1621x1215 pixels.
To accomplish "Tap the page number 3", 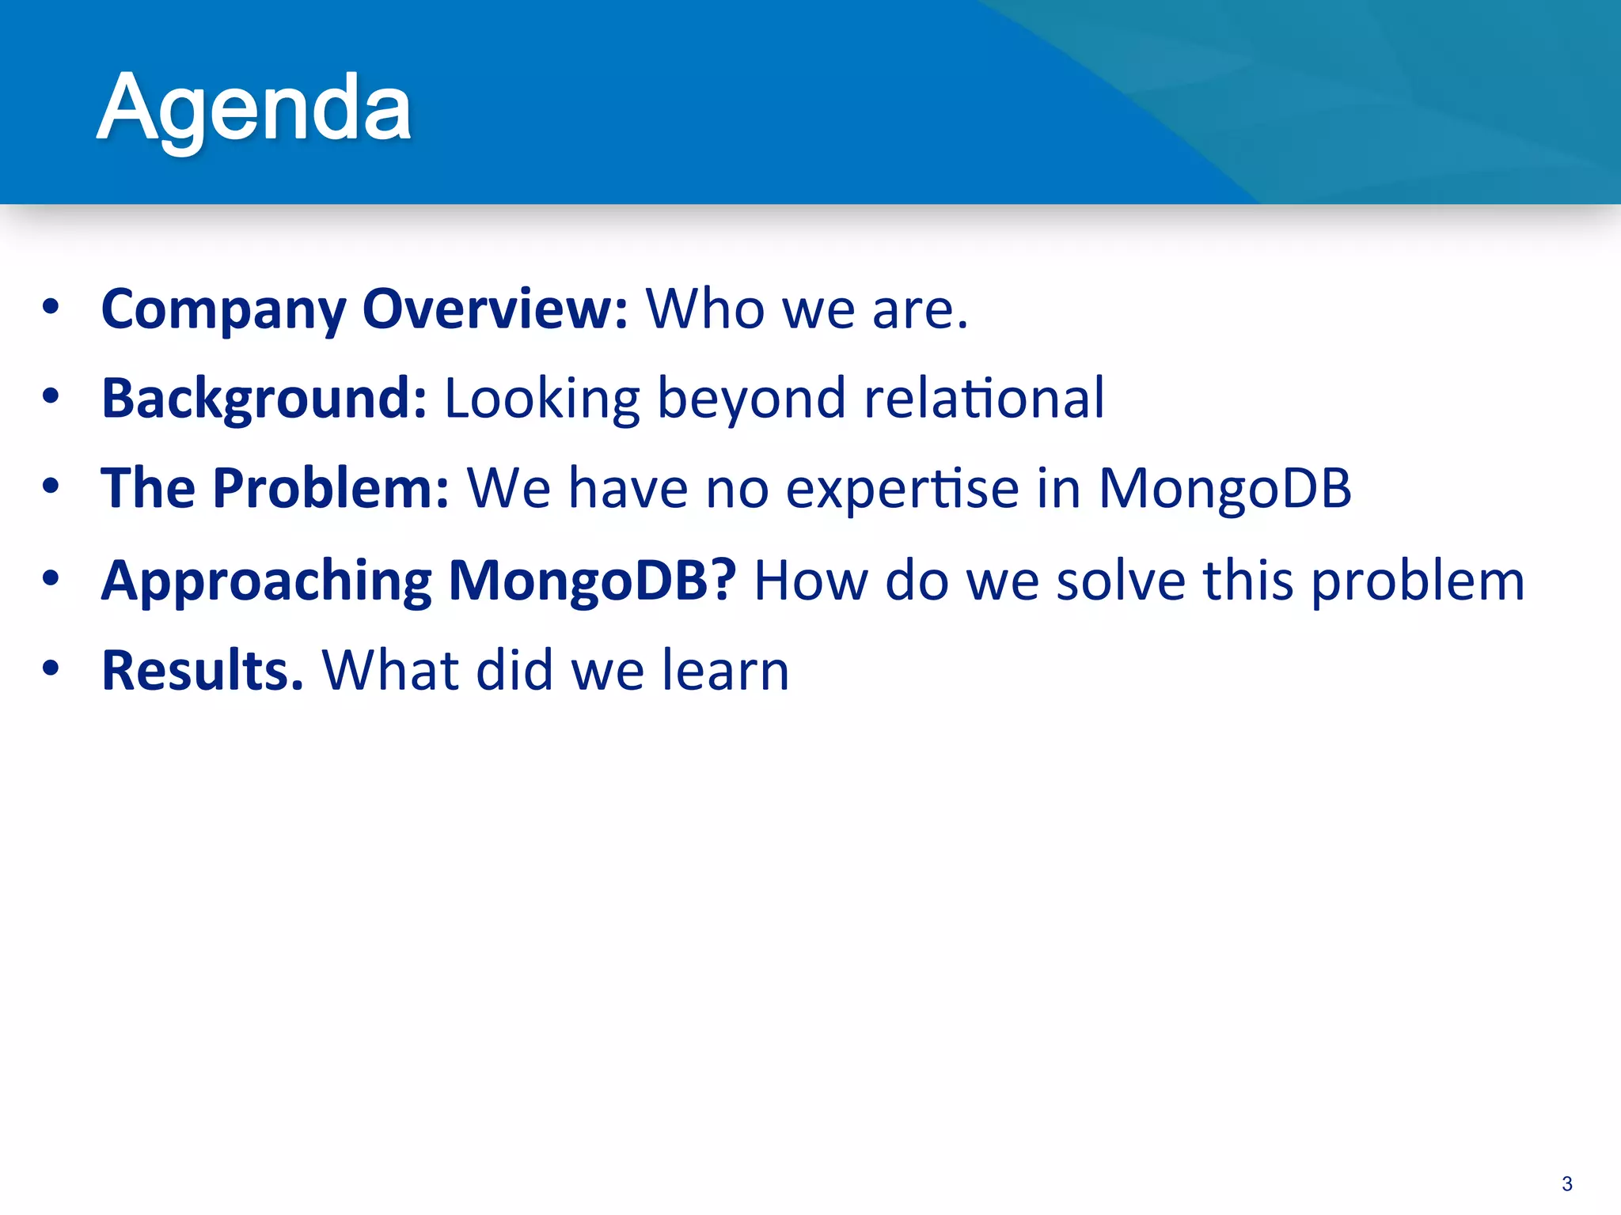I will tap(1566, 1183).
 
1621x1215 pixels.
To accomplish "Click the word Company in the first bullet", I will tap(224, 310).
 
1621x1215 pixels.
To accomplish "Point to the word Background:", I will tap(264, 399).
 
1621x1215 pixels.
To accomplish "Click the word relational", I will tap(984, 398).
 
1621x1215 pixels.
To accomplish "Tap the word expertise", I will tap(902, 490).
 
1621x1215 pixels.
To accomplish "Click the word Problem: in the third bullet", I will tap(331, 488).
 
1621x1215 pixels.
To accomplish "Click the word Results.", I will tap(203, 670).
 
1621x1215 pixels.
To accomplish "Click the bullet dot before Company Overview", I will tap(51, 308).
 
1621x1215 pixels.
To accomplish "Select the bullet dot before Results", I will tap(51, 669).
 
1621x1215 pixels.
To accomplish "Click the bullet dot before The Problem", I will tap(51, 487).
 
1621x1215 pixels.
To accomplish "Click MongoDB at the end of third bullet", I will tap(1224, 490).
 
